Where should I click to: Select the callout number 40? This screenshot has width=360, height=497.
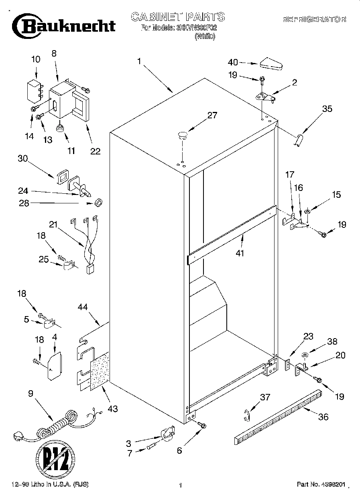tap(233, 62)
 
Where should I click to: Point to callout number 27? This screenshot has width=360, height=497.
tap(212, 116)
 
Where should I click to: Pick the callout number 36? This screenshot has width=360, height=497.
tap(323, 417)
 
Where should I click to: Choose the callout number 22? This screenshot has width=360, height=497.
tap(95, 151)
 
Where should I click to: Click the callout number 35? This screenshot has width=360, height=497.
tap(327, 109)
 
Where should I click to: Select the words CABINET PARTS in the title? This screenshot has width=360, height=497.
tap(178, 17)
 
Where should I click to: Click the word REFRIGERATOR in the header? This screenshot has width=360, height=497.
tap(314, 19)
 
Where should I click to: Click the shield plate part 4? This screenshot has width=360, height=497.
tap(54, 365)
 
